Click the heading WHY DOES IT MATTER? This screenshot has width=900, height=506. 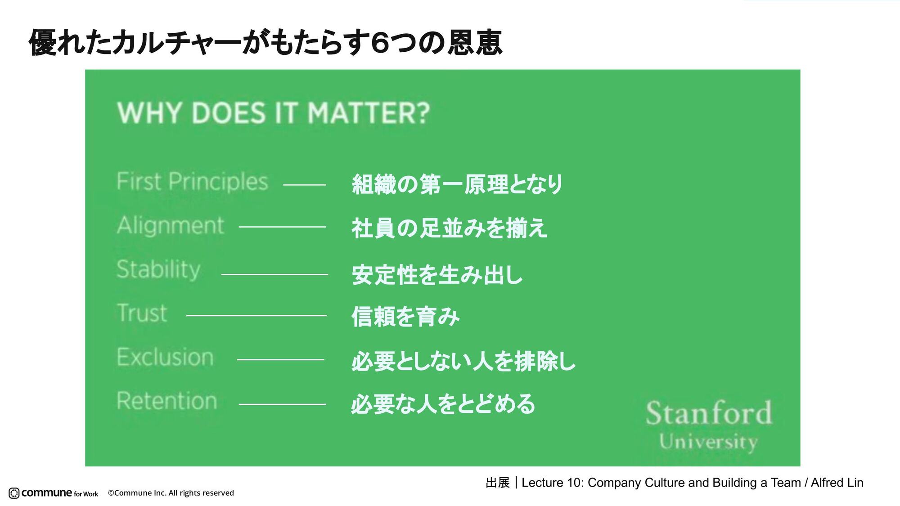pos(274,112)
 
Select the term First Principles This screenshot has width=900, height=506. pos(192,182)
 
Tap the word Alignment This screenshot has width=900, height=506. pos(170,225)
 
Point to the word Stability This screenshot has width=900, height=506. pos(158,269)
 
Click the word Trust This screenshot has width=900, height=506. pos(142,313)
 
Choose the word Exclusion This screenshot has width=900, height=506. pos(165,357)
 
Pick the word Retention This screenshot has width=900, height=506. pos(166,401)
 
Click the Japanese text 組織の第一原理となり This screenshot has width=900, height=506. pos(457,184)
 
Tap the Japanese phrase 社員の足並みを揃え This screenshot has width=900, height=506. pos(449,228)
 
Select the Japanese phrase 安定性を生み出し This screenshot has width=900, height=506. pos(437,274)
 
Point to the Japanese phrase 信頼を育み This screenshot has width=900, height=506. pos(405,316)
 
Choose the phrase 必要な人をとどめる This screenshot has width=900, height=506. pos(443,403)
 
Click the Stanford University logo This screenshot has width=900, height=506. pos(709,425)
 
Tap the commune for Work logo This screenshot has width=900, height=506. pos(54,493)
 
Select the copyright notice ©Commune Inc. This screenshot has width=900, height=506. pos(171,493)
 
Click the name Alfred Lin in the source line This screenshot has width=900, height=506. pos(837,483)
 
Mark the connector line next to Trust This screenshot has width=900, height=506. pos(256,316)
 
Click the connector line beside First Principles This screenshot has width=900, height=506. pos(305,185)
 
